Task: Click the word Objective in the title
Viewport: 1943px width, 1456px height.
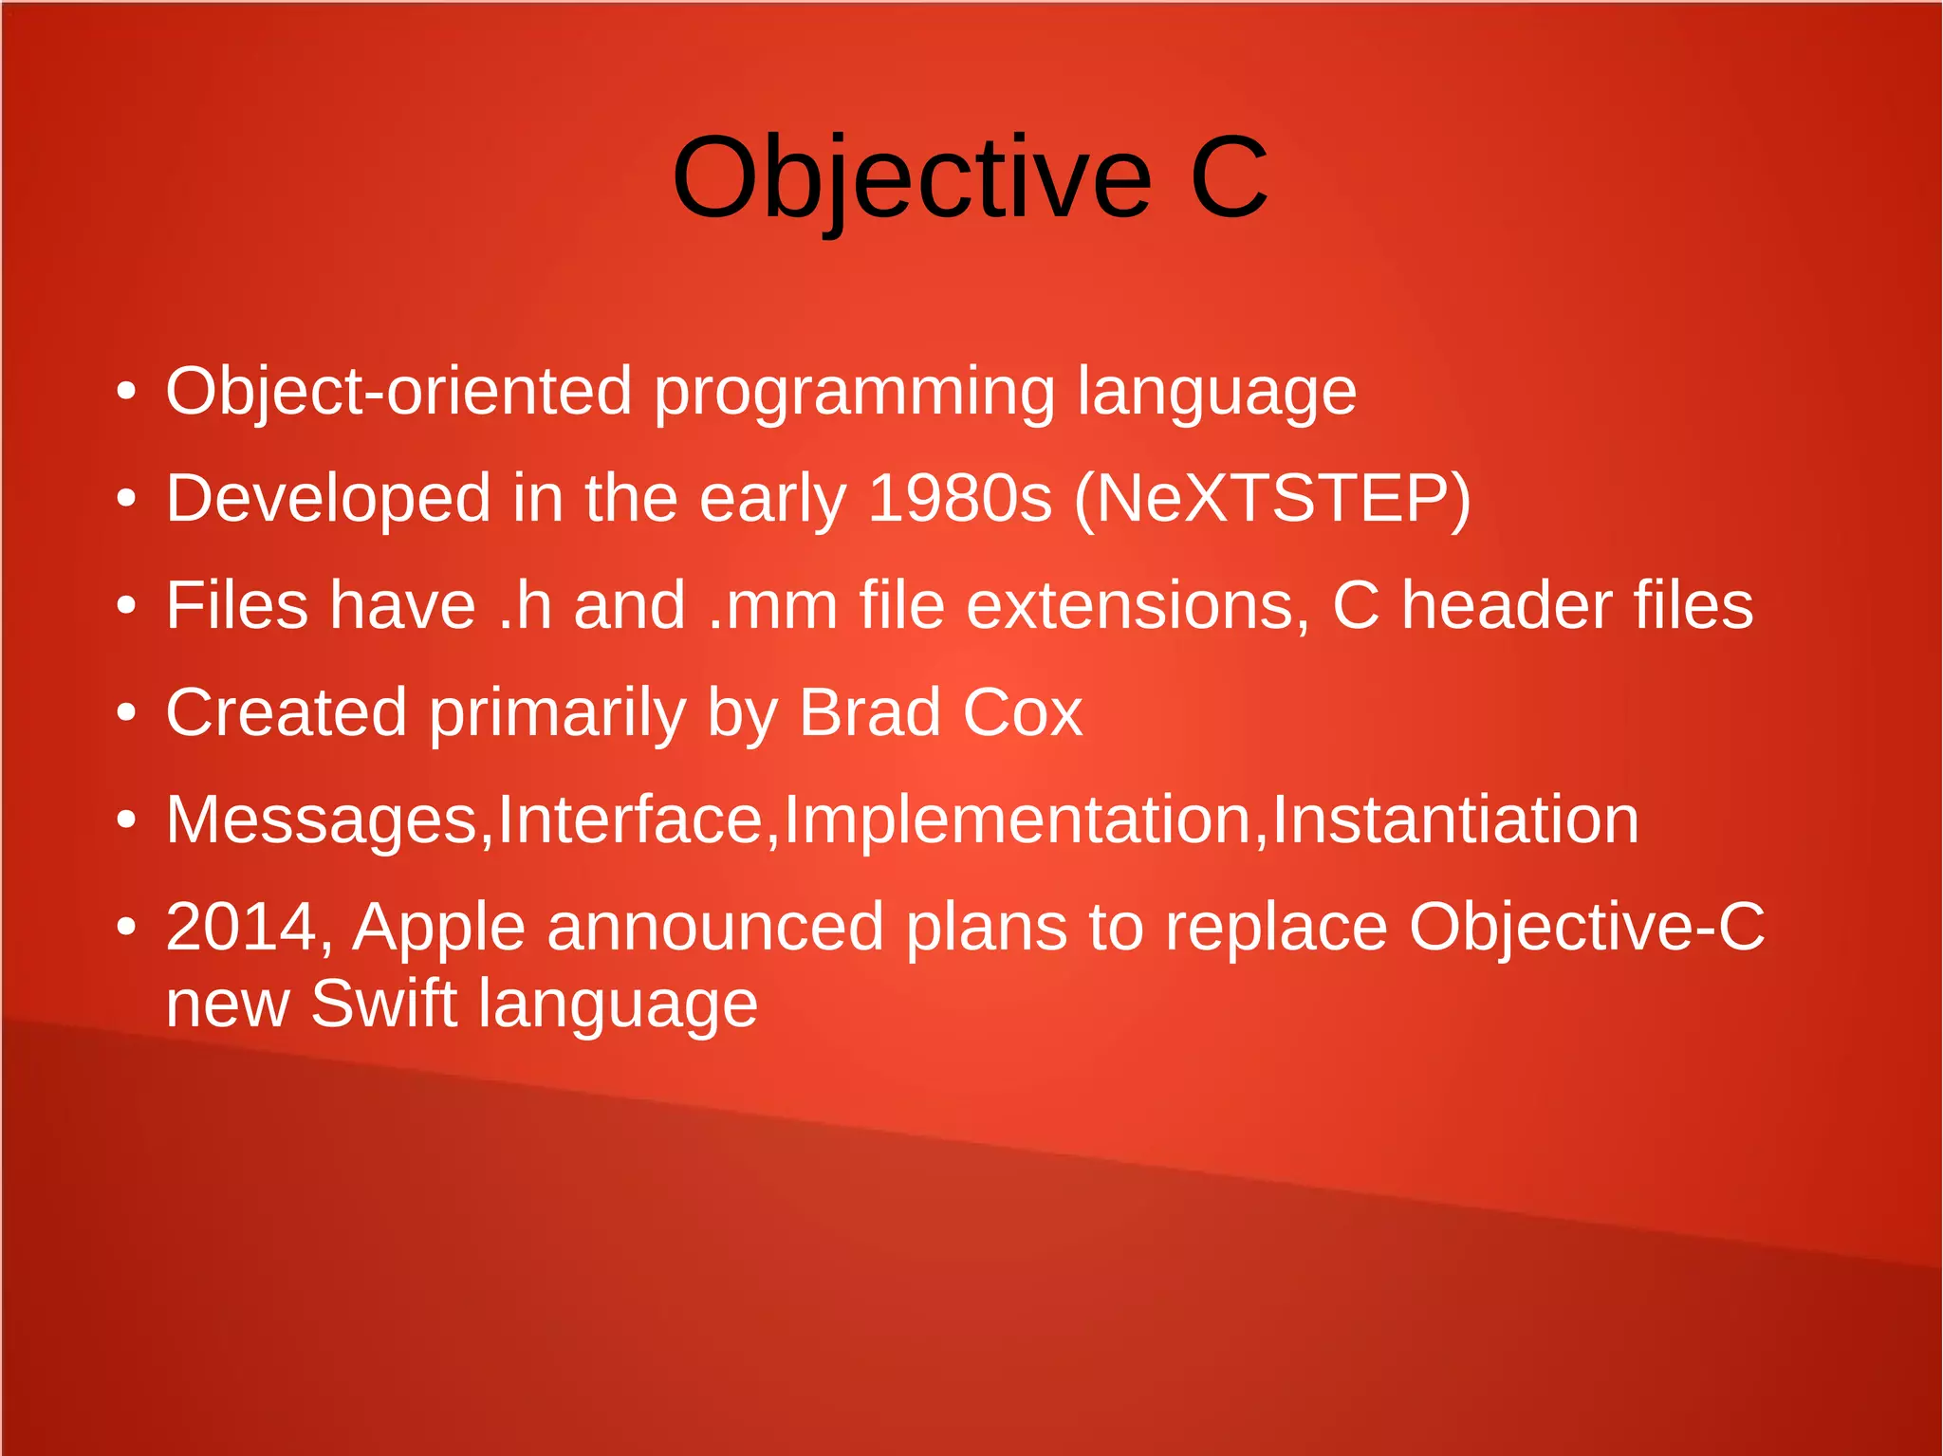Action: click(911, 177)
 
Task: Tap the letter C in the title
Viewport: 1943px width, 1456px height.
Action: click(1229, 177)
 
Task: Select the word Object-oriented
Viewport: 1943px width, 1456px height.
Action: click(398, 391)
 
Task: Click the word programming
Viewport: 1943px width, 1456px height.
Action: click(854, 393)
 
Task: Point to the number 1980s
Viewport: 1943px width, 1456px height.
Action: click(959, 498)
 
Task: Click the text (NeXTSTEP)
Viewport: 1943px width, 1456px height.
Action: click(1272, 498)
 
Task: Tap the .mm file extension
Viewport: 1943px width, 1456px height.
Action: click(773, 605)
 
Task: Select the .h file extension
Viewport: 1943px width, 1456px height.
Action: click(525, 605)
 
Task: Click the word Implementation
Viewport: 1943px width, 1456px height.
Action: click(1017, 820)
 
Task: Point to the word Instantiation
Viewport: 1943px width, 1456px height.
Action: click(1454, 820)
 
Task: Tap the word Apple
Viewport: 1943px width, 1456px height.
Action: click(438, 929)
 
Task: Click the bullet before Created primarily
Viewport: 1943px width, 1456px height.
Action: click(127, 713)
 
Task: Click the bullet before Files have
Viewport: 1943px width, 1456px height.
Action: click(127, 606)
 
